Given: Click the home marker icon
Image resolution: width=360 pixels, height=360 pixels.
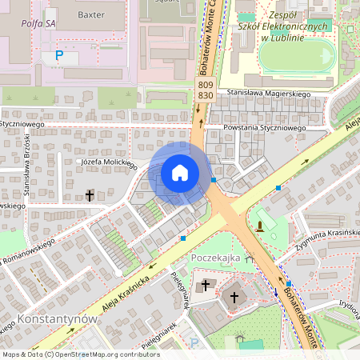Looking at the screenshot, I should (x=180, y=173).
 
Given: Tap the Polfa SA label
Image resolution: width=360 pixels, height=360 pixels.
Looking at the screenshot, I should (x=39, y=24).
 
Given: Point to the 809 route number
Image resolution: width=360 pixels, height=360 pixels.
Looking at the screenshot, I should (x=205, y=84).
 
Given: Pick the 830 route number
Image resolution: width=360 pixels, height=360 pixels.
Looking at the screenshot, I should (x=205, y=95).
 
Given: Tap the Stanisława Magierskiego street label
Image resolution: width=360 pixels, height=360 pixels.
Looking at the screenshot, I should (x=268, y=94).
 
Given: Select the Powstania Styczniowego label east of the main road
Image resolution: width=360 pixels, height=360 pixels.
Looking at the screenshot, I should (x=265, y=128).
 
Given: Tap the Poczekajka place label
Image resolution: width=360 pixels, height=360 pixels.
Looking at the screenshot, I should (x=216, y=258).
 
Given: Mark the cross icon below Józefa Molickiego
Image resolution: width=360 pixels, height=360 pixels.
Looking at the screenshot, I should (x=90, y=195).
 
